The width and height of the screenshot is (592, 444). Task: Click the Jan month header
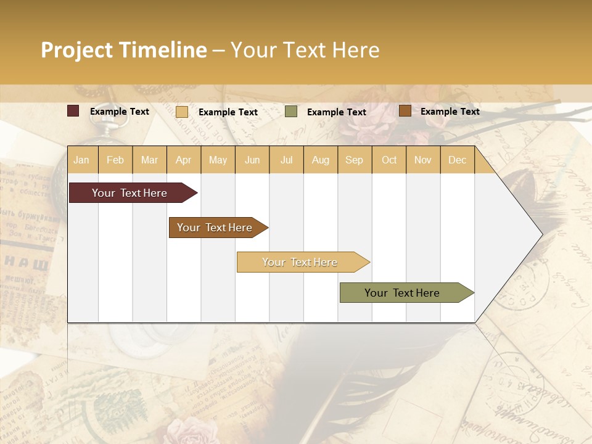pyautogui.click(x=81, y=160)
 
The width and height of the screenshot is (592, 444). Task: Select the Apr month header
pyautogui.click(x=183, y=160)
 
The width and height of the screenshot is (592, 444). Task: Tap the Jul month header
pyautogui.click(x=286, y=160)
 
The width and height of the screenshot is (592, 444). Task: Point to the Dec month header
pyautogui.click(x=457, y=160)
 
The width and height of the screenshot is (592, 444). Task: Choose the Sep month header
pyautogui.click(x=354, y=160)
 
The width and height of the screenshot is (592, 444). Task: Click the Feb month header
pyautogui.click(x=115, y=160)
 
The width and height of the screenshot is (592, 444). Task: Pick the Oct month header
pyautogui.click(x=389, y=160)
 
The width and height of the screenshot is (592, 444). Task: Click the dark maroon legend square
pyautogui.click(x=73, y=111)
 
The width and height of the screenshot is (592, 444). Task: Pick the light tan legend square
pyautogui.click(x=182, y=112)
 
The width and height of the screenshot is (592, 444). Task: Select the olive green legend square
pyautogui.click(x=291, y=112)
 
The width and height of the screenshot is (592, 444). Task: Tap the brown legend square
pyautogui.click(x=405, y=111)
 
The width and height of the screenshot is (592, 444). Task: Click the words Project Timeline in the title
pyautogui.click(x=124, y=50)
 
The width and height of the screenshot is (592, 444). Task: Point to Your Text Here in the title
pyautogui.click(x=305, y=50)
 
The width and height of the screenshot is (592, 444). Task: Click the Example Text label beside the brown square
pyautogui.click(x=450, y=112)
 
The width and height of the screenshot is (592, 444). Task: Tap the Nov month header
pyautogui.click(x=423, y=160)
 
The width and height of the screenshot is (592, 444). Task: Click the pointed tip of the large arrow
pyautogui.click(x=541, y=234)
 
